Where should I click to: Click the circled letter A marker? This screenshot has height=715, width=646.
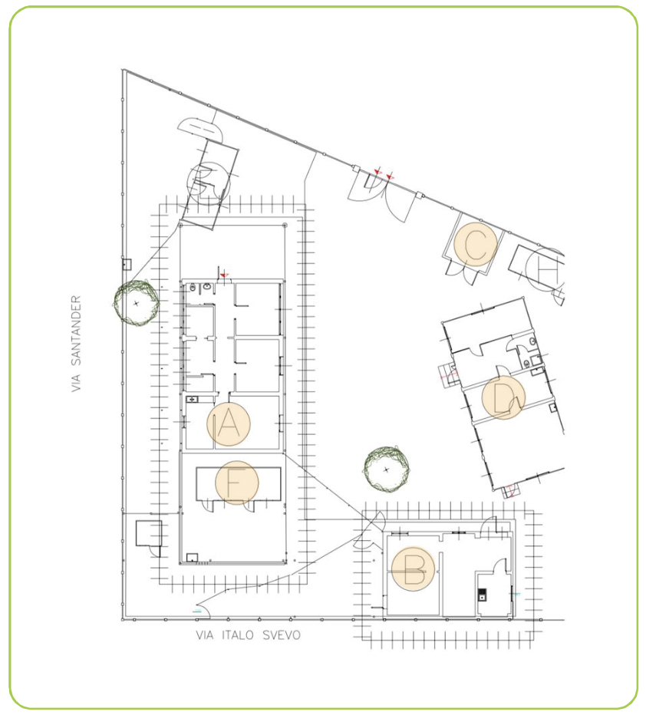(x=229, y=423)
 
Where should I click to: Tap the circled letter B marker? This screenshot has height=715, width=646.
(x=413, y=569)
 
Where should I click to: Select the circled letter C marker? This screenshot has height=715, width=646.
(x=476, y=244)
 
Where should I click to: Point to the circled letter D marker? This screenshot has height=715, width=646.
(x=503, y=397)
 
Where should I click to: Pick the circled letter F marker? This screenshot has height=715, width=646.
(x=236, y=483)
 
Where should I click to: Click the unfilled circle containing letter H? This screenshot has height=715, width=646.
(x=545, y=270)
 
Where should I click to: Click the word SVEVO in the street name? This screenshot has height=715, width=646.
(x=282, y=634)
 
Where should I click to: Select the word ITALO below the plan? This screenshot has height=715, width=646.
(x=238, y=634)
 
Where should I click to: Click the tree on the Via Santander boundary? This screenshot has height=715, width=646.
(x=137, y=303)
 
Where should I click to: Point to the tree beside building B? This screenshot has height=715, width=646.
(x=387, y=470)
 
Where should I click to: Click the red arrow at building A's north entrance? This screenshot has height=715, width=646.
(x=223, y=275)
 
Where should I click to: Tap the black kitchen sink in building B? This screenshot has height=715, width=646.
(x=482, y=595)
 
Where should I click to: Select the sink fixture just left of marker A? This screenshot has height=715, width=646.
(x=192, y=400)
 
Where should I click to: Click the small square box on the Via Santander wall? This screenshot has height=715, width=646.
(x=127, y=264)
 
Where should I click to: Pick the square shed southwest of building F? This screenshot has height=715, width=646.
(x=149, y=532)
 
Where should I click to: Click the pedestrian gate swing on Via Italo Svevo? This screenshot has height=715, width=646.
(x=202, y=611)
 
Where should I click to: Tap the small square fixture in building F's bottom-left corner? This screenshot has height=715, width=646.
(x=192, y=557)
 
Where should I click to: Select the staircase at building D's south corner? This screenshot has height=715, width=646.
(x=510, y=491)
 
